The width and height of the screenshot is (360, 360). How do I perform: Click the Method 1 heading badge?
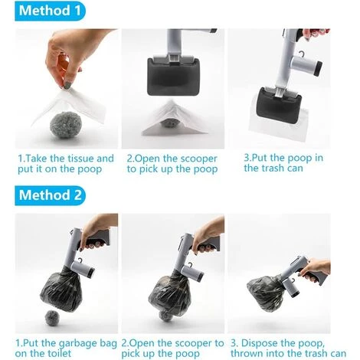pos(50,11)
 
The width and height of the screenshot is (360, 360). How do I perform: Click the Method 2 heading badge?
pos(50,195)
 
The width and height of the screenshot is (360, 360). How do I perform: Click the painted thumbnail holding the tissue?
pos(67,85)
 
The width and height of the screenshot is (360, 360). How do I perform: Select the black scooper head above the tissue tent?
pos(173,76)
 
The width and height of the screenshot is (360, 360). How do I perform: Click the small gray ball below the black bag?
pos(52,318)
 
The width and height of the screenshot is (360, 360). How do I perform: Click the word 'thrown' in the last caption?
pos(247,354)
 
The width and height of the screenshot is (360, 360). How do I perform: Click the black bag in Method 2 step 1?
pos(61,289)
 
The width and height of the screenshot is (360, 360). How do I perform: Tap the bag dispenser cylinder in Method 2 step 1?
pos(83,270)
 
